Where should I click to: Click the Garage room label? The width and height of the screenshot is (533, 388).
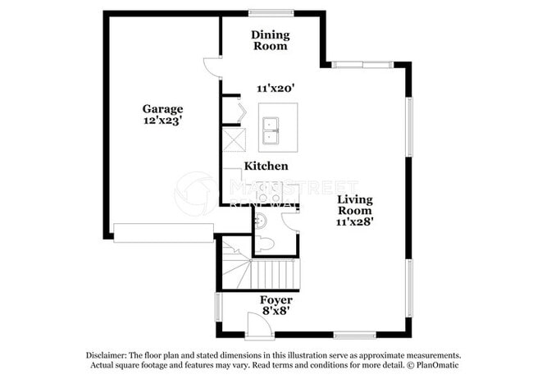tap(162, 108)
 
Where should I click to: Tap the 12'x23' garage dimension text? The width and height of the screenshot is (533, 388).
tap(162, 121)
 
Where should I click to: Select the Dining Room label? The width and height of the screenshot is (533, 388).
tap(269, 40)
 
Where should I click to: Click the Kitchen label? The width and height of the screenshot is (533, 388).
tap(266, 166)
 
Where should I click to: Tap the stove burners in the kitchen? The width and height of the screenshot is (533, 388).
tap(266, 194)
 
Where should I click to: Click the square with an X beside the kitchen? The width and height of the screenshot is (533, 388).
tap(235, 139)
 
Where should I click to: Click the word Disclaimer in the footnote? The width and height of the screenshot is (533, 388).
tap(111, 355)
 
